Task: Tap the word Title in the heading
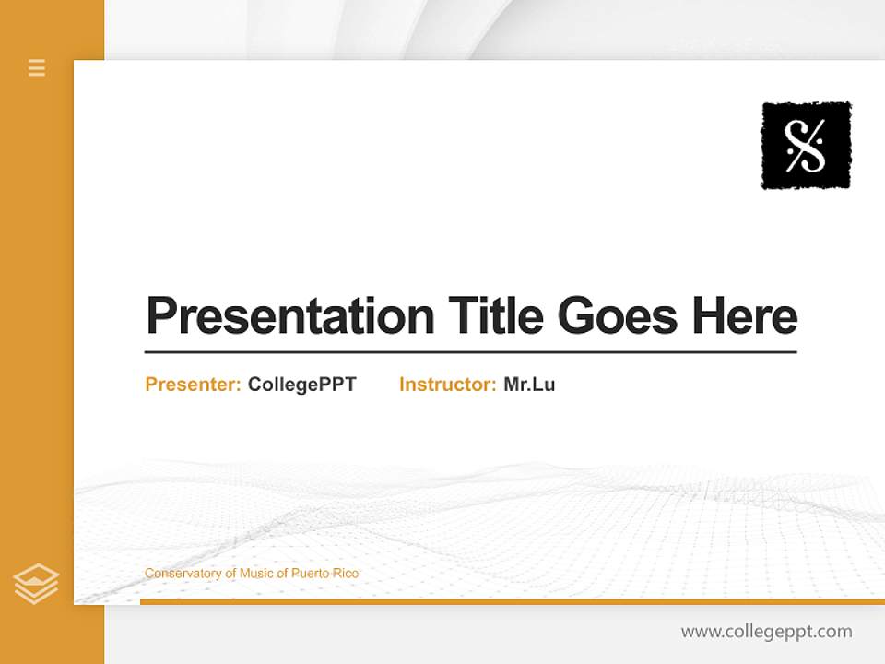[495, 316]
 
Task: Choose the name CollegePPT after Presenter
[301, 385]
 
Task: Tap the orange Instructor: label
[448, 385]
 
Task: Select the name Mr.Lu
[529, 385]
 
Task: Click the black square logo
[806, 145]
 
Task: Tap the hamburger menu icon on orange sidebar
[37, 67]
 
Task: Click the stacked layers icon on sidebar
[36, 584]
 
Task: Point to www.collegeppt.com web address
[766, 632]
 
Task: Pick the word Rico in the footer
[347, 574]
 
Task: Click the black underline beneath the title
[470, 351]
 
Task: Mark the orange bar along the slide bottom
[512, 601]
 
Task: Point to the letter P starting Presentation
[160, 316]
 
